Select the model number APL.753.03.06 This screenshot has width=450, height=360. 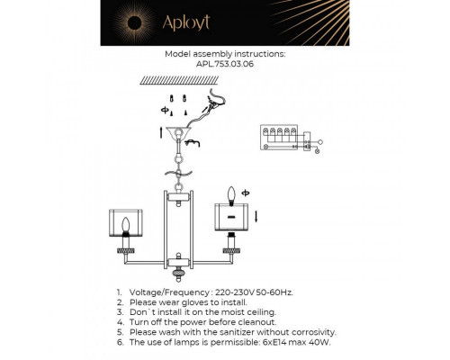click(x=225, y=64)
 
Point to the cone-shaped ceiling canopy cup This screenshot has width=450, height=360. click(x=186, y=137)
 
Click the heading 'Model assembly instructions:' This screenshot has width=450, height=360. click(x=225, y=54)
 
